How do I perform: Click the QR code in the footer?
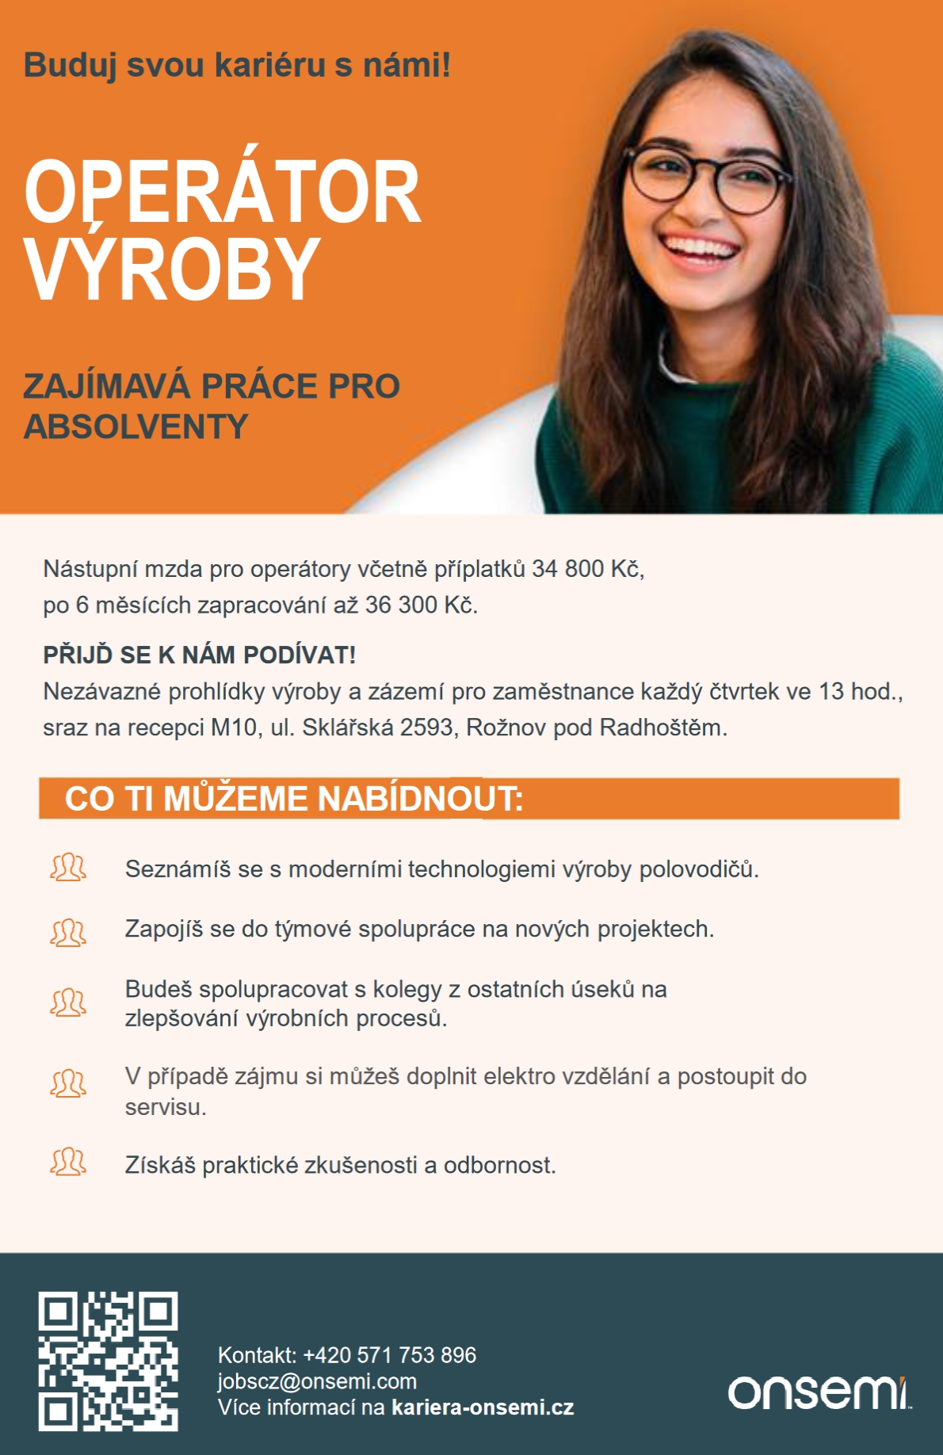click(x=108, y=1361)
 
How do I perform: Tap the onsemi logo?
click(x=819, y=1392)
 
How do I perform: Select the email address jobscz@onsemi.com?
click(x=317, y=1381)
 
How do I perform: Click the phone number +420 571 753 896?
click(x=389, y=1355)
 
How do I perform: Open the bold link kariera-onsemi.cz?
click(x=483, y=1407)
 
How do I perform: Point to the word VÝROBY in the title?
click(x=172, y=269)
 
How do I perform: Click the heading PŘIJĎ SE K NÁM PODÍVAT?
click(x=199, y=655)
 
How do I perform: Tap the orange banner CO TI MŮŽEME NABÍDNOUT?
click(x=468, y=799)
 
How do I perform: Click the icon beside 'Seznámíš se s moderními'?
click(x=68, y=868)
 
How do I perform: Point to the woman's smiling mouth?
click(x=700, y=248)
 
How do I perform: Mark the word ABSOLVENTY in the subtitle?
click(x=136, y=427)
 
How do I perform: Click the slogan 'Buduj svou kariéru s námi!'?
click(x=237, y=65)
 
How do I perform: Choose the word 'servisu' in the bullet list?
click(x=165, y=1107)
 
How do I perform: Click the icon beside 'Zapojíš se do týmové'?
click(x=68, y=932)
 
